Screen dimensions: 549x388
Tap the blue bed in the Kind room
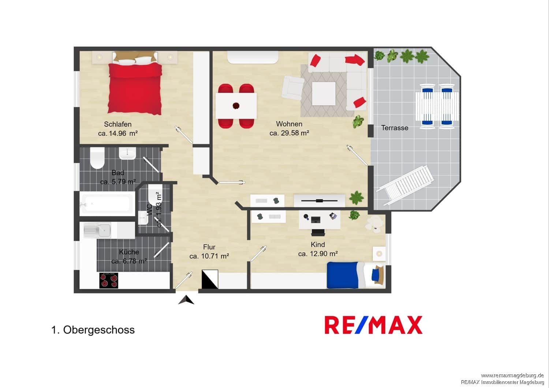[356, 275]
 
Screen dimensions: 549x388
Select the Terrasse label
[395, 128]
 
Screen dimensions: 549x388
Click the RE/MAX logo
[374, 325]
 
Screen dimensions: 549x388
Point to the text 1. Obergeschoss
[93, 330]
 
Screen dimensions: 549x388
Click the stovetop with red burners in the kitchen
[109, 280]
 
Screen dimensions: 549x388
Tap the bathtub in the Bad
[107, 204]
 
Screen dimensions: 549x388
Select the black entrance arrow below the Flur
[186, 300]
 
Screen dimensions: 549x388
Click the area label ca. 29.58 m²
[289, 133]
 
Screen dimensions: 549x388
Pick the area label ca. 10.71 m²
[209, 256]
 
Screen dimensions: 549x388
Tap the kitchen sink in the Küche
[97, 230]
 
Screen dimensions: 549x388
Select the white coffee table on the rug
[324, 94]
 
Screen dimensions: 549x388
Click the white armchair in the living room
[293, 88]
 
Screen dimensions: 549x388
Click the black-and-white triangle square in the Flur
[210, 279]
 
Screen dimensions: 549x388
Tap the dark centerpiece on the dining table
[236, 106]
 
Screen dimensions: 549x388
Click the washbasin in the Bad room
[127, 153]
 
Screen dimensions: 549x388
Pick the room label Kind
[318, 245]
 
